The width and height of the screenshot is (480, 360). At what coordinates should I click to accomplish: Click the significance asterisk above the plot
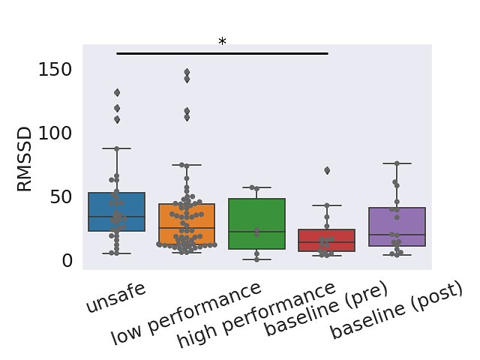[222, 43]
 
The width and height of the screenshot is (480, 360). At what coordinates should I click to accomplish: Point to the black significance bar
[222, 53]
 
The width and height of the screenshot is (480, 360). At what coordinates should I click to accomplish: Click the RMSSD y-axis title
[25, 165]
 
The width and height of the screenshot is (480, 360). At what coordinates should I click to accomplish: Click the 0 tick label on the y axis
[67, 260]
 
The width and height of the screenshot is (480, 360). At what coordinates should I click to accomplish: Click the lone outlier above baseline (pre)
[327, 170]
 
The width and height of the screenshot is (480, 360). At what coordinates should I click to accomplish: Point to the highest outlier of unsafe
[117, 92]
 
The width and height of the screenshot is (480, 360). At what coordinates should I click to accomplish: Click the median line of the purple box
[397, 235]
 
